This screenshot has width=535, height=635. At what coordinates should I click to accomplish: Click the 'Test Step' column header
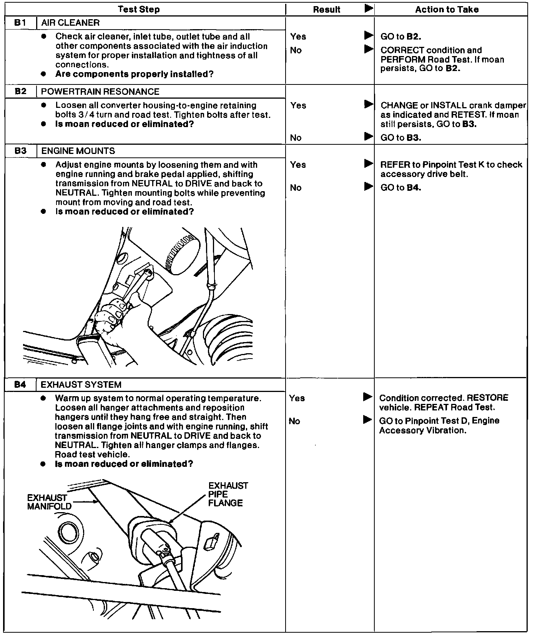(x=139, y=9)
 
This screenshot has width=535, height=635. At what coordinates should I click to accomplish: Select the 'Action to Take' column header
(x=447, y=10)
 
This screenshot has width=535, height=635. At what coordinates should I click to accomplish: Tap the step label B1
(x=20, y=23)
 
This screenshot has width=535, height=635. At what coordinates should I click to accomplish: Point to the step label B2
(x=20, y=91)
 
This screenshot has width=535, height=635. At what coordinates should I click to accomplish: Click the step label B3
(x=20, y=150)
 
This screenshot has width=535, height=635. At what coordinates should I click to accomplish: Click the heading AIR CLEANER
(x=70, y=23)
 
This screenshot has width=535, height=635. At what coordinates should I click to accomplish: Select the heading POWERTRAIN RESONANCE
(x=100, y=91)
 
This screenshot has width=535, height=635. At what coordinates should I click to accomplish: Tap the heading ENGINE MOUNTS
(x=78, y=150)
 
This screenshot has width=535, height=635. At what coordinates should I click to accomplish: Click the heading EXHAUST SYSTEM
(x=81, y=384)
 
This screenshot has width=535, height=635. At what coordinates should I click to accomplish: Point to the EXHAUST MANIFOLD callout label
(x=49, y=502)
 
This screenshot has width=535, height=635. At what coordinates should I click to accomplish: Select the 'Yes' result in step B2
(x=298, y=105)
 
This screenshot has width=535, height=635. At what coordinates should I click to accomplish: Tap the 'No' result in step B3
(x=296, y=187)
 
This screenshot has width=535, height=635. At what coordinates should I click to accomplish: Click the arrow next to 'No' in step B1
(x=369, y=49)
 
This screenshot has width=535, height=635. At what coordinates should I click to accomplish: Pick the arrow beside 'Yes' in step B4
(x=368, y=397)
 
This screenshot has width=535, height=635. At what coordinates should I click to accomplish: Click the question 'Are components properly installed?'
(x=135, y=74)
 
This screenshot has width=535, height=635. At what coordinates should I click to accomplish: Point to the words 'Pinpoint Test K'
(x=453, y=165)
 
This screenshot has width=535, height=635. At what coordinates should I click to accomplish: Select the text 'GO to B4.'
(x=401, y=187)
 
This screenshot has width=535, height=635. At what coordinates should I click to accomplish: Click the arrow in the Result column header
(x=369, y=8)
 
